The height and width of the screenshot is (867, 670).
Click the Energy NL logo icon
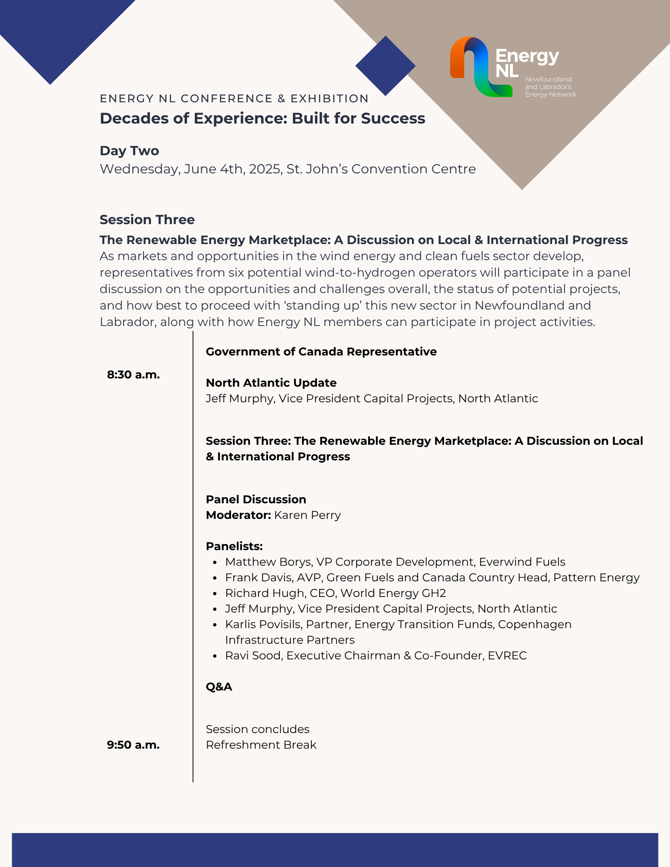(x=480, y=66)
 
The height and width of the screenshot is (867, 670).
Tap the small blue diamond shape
(x=385, y=66)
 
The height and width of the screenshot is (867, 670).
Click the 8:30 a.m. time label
(x=133, y=375)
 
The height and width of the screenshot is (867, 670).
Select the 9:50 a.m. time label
(x=133, y=745)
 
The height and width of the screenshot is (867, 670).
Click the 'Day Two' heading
(x=129, y=150)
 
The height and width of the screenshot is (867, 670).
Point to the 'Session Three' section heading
(x=147, y=219)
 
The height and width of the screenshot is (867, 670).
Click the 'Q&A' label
(x=219, y=687)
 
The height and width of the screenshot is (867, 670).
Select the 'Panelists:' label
(x=234, y=546)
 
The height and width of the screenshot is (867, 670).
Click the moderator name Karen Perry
(x=307, y=515)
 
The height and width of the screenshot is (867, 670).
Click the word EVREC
(x=507, y=655)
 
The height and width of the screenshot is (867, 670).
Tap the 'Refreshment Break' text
(x=261, y=745)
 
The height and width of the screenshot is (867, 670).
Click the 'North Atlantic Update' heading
(x=271, y=383)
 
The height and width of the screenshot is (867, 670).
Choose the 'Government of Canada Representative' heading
(x=321, y=352)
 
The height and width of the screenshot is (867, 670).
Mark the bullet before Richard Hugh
(x=215, y=593)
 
